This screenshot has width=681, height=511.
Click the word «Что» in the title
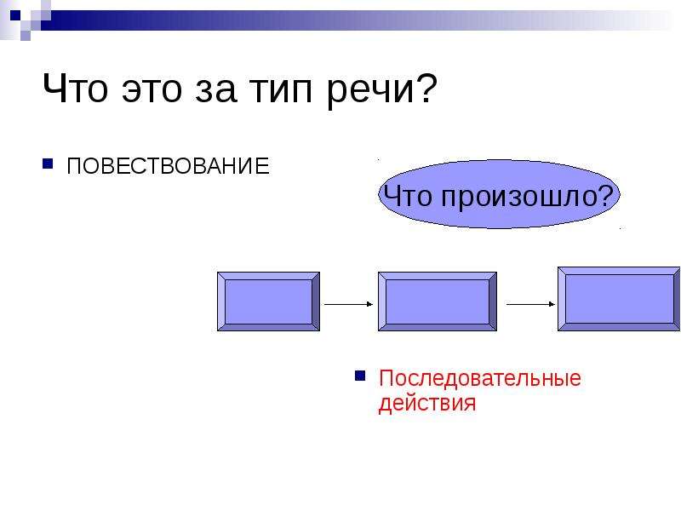point(75,89)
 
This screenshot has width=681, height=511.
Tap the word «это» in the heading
point(152,90)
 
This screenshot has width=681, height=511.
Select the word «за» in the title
point(216,90)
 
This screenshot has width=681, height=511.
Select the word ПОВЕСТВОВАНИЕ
point(168,166)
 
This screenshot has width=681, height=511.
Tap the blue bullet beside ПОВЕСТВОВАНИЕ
point(48,164)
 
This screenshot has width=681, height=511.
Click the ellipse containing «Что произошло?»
point(499,194)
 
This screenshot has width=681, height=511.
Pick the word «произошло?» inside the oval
point(527,198)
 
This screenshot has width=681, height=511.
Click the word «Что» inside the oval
point(408,196)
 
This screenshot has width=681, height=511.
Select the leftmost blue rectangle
point(268,301)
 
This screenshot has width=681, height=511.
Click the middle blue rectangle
point(438,301)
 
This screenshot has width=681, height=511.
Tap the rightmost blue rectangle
point(619,299)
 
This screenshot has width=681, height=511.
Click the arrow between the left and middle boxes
point(349,304)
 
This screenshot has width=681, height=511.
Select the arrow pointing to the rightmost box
point(530,304)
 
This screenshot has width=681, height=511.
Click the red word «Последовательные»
point(479,378)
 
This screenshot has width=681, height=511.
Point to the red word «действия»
point(427,403)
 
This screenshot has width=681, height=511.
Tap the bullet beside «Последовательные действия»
point(360,376)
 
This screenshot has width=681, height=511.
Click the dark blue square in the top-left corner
point(15,15)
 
